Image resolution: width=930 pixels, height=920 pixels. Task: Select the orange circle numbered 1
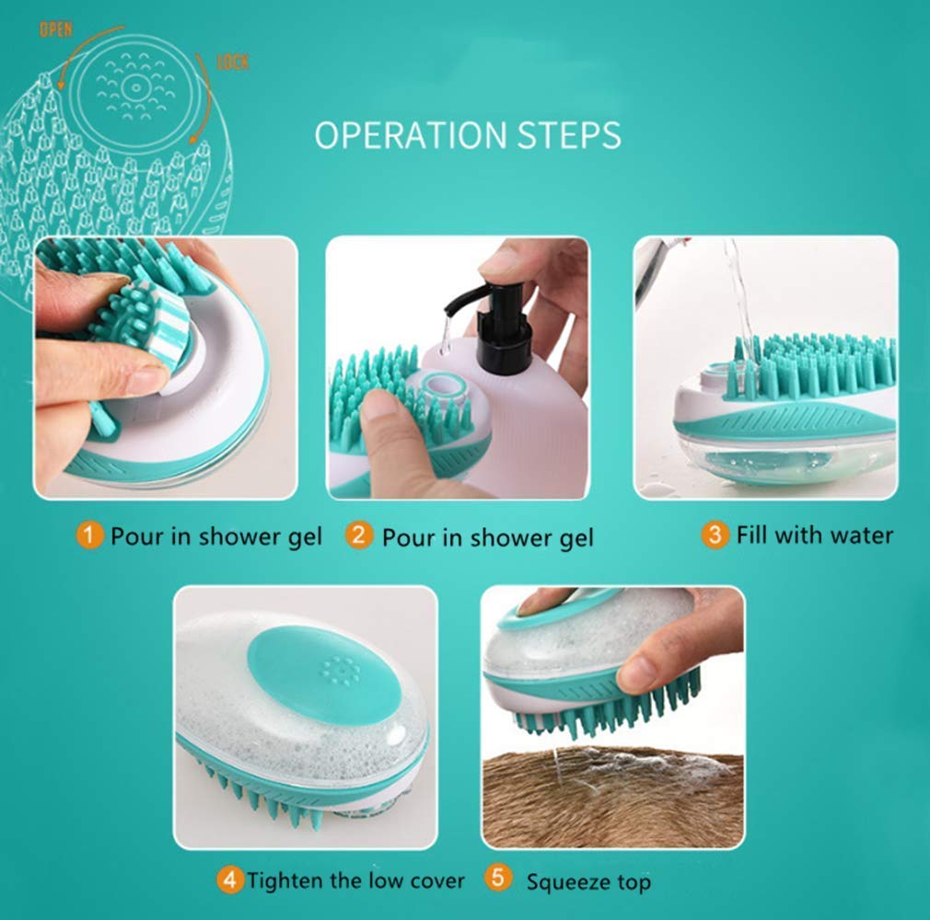click(89, 535)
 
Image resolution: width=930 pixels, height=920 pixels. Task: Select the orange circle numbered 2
click(359, 535)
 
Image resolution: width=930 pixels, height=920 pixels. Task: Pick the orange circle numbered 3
click(715, 535)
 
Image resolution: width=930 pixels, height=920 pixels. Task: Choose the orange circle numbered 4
click(229, 880)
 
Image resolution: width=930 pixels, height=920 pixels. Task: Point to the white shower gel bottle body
click(525, 414)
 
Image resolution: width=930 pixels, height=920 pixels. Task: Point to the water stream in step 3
click(739, 294)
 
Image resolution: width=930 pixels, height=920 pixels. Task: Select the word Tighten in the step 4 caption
click(286, 880)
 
